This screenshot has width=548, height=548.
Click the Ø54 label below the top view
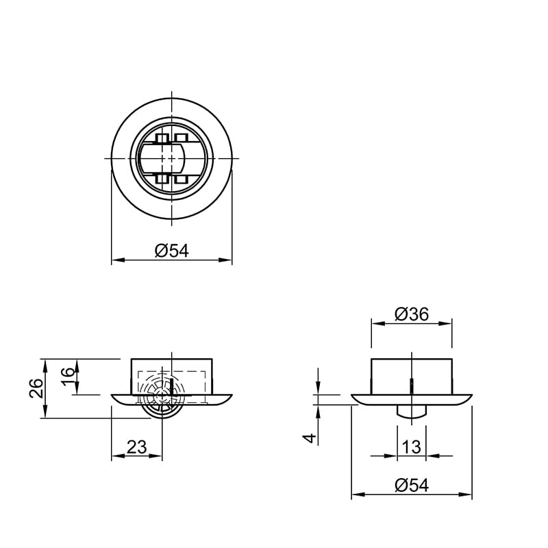pos(172,251)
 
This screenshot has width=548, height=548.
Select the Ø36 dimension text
pos(412,314)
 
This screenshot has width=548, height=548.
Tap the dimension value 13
pos(412,447)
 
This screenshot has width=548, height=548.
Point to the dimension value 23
pos(136,447)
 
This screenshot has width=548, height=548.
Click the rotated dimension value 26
pos(36,388)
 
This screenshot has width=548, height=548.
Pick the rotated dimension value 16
pos(68,377)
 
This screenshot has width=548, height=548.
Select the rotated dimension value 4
pos(310,438)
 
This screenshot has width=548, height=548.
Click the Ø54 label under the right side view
pos(412,486)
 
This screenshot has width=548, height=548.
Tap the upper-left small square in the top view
pos(162,138)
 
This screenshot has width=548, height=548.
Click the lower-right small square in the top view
pos(182,179)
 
